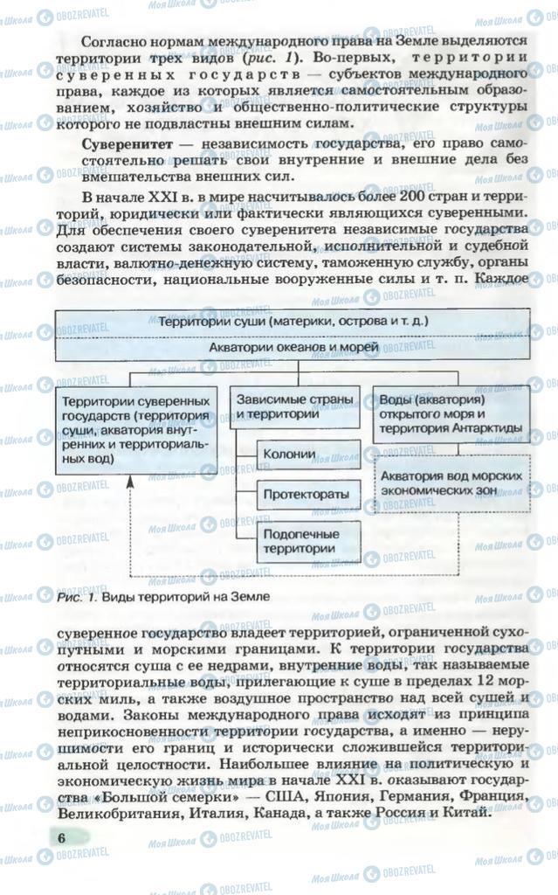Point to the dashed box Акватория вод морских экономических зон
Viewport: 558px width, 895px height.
[x=451, y=482]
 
